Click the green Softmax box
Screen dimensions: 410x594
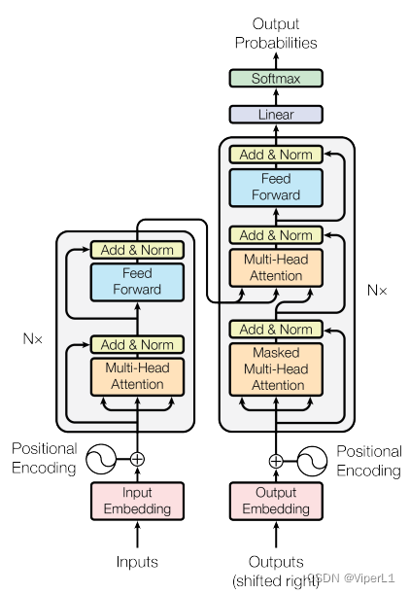[x=276, y=79]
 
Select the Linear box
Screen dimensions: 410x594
[x=276, y=115]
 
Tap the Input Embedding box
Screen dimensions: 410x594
[x=137, y=501]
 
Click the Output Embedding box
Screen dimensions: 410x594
[x=276, y=501]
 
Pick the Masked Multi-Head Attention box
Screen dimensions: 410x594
[x=276, y=369]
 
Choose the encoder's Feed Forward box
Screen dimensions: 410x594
[x=137, y=282]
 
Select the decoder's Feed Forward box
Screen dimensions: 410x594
[x=276, y=188]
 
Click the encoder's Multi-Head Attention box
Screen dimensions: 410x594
[x=137, y=377]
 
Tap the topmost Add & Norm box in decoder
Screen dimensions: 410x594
[x=276, y=155]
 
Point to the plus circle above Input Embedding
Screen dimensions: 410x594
[x=137, y=459]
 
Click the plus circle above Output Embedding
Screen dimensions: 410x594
[x=276, y=461]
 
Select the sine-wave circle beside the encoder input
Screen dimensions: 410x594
[x=101, y=459]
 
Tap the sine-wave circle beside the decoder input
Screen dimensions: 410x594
[x=312, y=461]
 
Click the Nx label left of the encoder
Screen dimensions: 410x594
[x=33, y=338]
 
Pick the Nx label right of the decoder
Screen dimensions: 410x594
[x=377, y=291]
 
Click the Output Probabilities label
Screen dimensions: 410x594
[x=276, y=33]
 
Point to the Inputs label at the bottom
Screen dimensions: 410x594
[x=137, y=562]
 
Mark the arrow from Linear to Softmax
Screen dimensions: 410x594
[x=276, y=96]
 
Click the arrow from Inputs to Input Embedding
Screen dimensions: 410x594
[x=137, y=535]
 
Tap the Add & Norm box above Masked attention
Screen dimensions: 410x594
[x=276, y=330]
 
